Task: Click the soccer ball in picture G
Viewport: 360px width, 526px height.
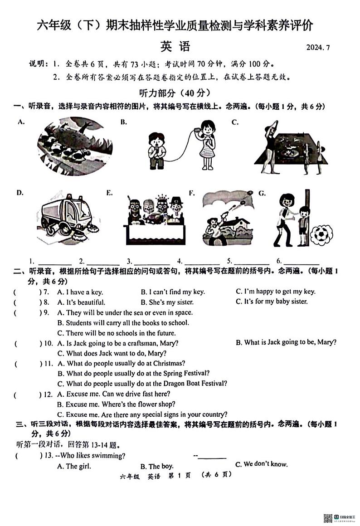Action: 321,235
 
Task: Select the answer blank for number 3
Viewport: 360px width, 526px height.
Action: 152,261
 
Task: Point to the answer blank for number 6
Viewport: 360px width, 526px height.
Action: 302,261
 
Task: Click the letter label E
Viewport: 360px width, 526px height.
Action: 109,193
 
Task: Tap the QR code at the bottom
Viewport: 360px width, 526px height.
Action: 327,518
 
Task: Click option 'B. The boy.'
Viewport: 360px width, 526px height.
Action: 157,466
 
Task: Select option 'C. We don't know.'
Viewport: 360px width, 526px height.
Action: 261,464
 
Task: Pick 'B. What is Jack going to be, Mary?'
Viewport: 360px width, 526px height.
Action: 286,342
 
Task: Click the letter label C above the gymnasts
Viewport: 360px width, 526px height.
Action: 235,122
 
